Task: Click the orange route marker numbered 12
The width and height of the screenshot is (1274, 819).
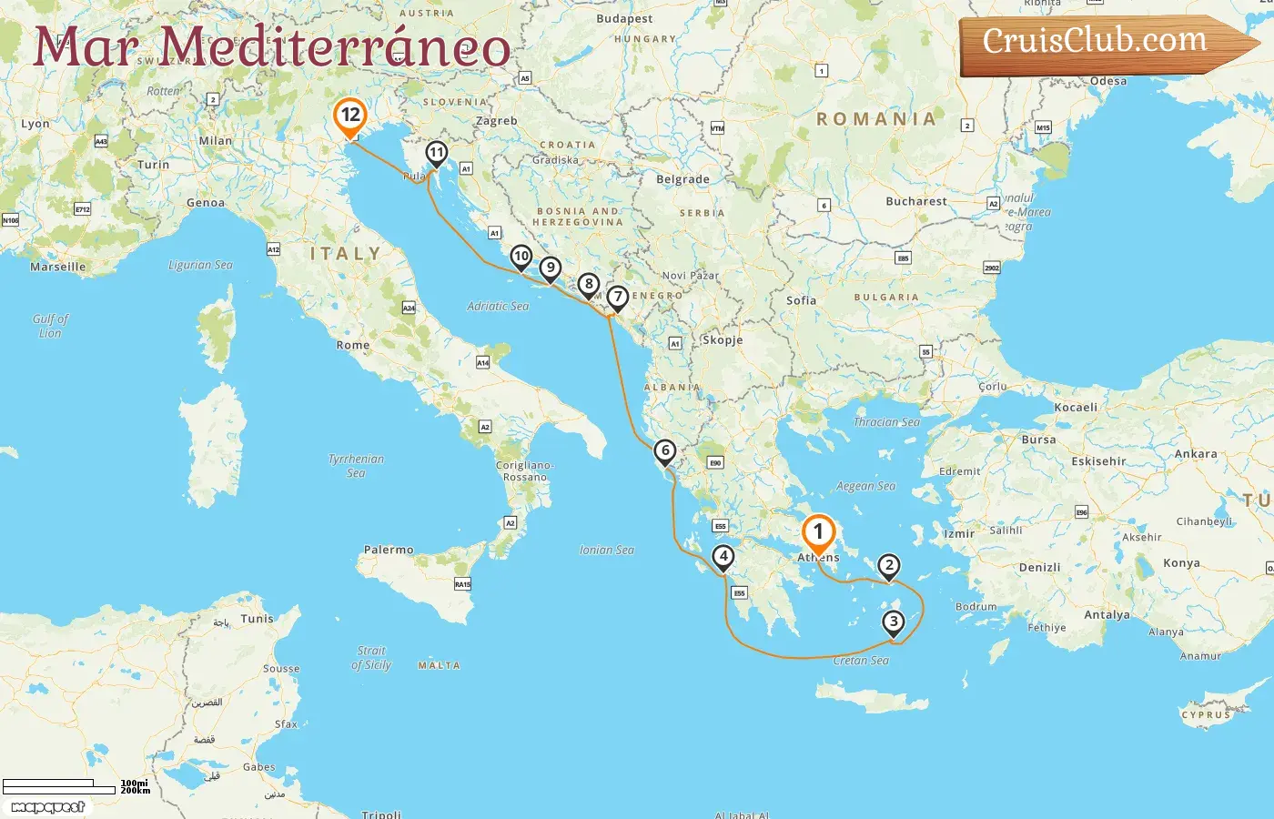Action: pos(350,116)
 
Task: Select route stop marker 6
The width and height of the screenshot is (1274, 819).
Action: pos(665,451)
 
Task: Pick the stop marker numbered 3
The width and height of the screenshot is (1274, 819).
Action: pos(894,622)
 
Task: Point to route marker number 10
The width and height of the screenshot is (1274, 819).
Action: pos(521,257)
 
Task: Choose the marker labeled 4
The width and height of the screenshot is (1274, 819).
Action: pos(723,557)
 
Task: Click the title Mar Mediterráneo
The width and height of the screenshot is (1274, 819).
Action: pos(271,47)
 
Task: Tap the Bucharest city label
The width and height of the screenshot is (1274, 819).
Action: pos(915,201)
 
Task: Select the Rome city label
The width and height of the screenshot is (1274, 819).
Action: pos(353,346)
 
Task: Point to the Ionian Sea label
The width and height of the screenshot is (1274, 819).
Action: pos(607,551)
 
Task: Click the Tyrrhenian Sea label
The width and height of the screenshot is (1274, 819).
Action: pos(356,466)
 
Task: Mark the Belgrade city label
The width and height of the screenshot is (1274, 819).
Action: pos(682,179)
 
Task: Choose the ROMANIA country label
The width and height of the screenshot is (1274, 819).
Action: pos(875,119)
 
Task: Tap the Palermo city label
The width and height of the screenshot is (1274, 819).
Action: pos(389,550)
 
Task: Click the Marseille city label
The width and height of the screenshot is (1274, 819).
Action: pos(58,267)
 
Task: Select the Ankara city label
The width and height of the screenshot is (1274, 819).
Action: pos(1196,454)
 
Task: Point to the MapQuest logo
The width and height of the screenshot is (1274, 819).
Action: pos(48,807)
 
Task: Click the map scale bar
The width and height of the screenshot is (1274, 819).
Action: pos(60,785)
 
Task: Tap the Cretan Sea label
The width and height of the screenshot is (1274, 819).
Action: pos(861,661)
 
